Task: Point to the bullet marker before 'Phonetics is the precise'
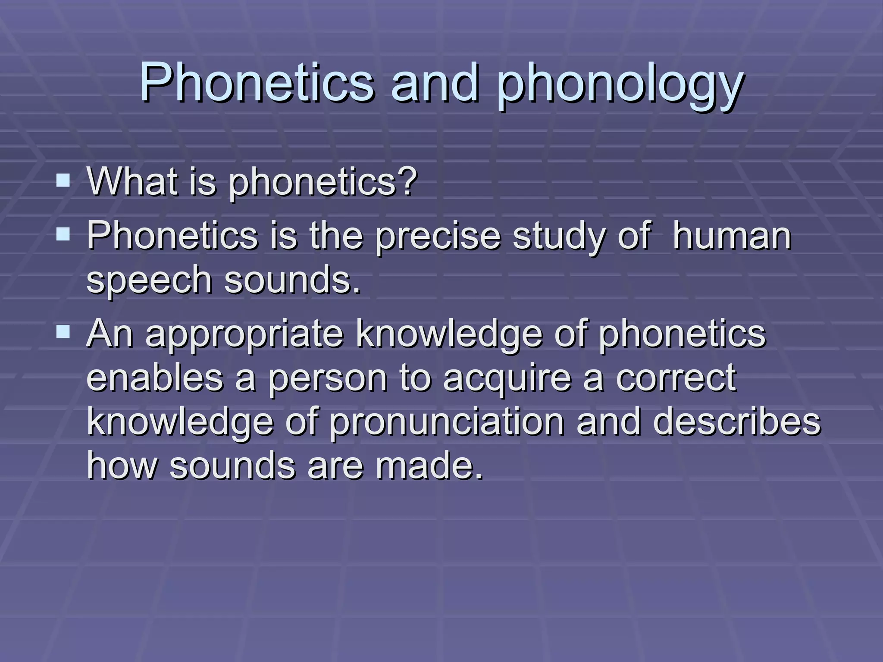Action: [x=63, y=234]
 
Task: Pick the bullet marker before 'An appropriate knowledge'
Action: [x=63, y=331]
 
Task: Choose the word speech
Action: [x=149, y=280]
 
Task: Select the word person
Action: [x=328, y=379]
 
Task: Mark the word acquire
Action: [x=507, y=379]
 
